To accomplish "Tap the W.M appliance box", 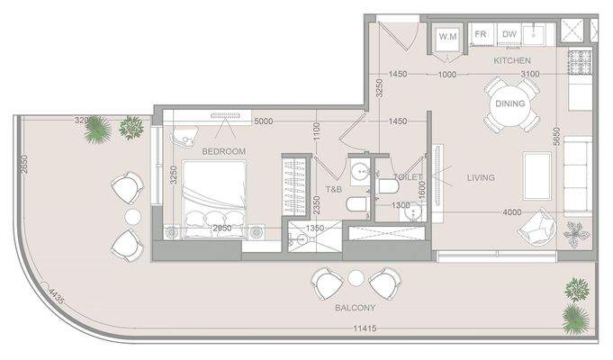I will click(447, 37).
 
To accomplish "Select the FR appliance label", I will click(481, 35).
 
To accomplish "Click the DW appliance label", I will click(509, 35).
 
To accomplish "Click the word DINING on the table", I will click(510, 103).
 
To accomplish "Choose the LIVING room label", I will click(481, 178).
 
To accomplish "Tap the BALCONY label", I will click(355, 308).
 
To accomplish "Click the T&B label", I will click(332, 190).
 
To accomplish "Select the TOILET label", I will click(407, 178).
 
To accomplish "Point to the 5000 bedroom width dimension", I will click(263, 121).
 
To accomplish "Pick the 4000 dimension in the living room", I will click(511, 212).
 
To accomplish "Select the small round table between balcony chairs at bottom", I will click(356, 278).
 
